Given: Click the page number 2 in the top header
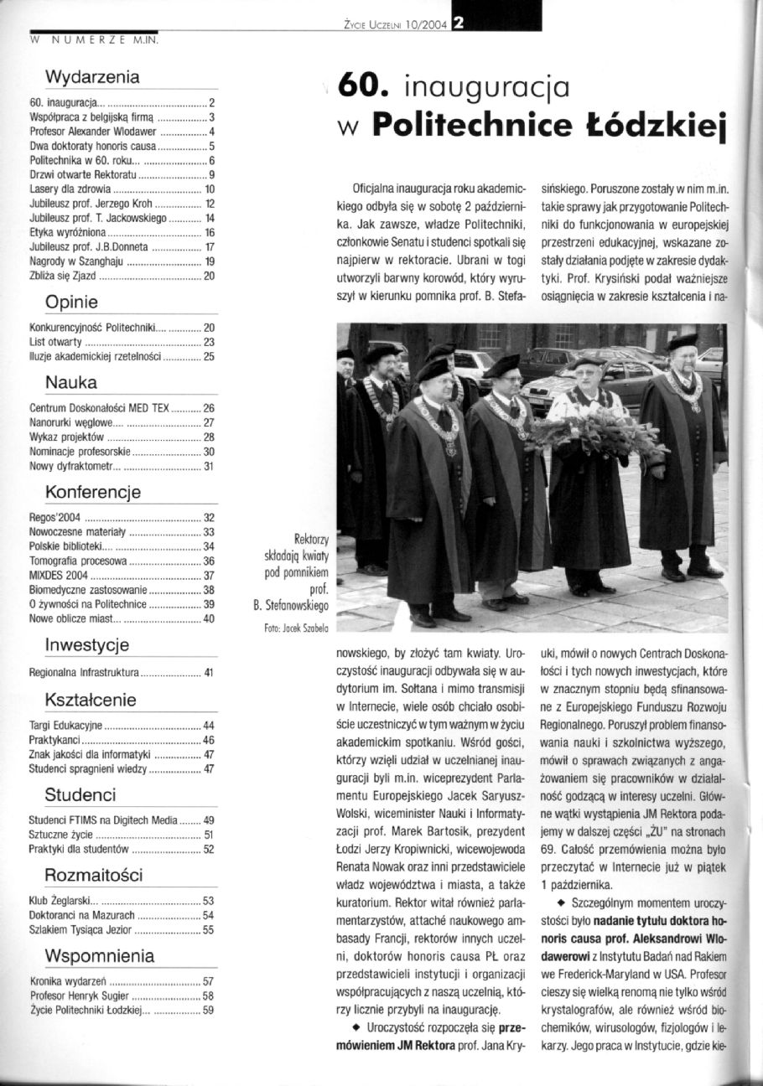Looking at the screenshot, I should click(x=459, y=23).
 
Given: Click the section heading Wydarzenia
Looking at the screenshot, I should click(x=92, y=78).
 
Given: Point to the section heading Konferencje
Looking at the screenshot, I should click(x=92, y=491).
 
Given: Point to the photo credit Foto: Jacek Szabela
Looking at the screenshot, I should click(x=285, y=625).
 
